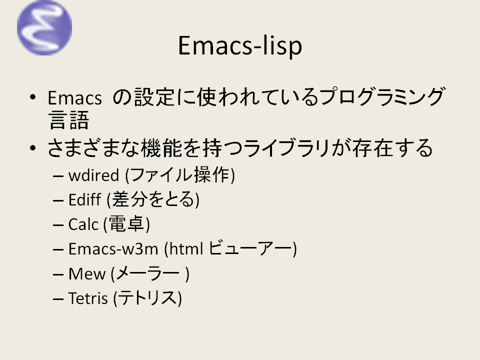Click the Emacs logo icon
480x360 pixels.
(x=44, y=27)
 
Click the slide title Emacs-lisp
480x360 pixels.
(x=240, y=46)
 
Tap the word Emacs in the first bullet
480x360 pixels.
(x=74, y=98)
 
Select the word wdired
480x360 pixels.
(x=93, y=175)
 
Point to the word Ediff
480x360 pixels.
(x=84, y=199)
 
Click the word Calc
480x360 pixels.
(x=83, y=224)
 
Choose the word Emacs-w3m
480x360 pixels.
(x=113, y=248)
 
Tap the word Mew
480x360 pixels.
(x=87, y=273)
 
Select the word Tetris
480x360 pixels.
(x=88, y=298)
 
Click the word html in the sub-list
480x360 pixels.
(x=186, y=248)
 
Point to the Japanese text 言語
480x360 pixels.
(x=68, y=120)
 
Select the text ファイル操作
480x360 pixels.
(x=180, y=175)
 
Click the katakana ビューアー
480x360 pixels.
(x=251, y=248)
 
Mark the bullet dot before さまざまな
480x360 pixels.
(x=33, y=148)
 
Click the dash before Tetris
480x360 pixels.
(x=58, y=299)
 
